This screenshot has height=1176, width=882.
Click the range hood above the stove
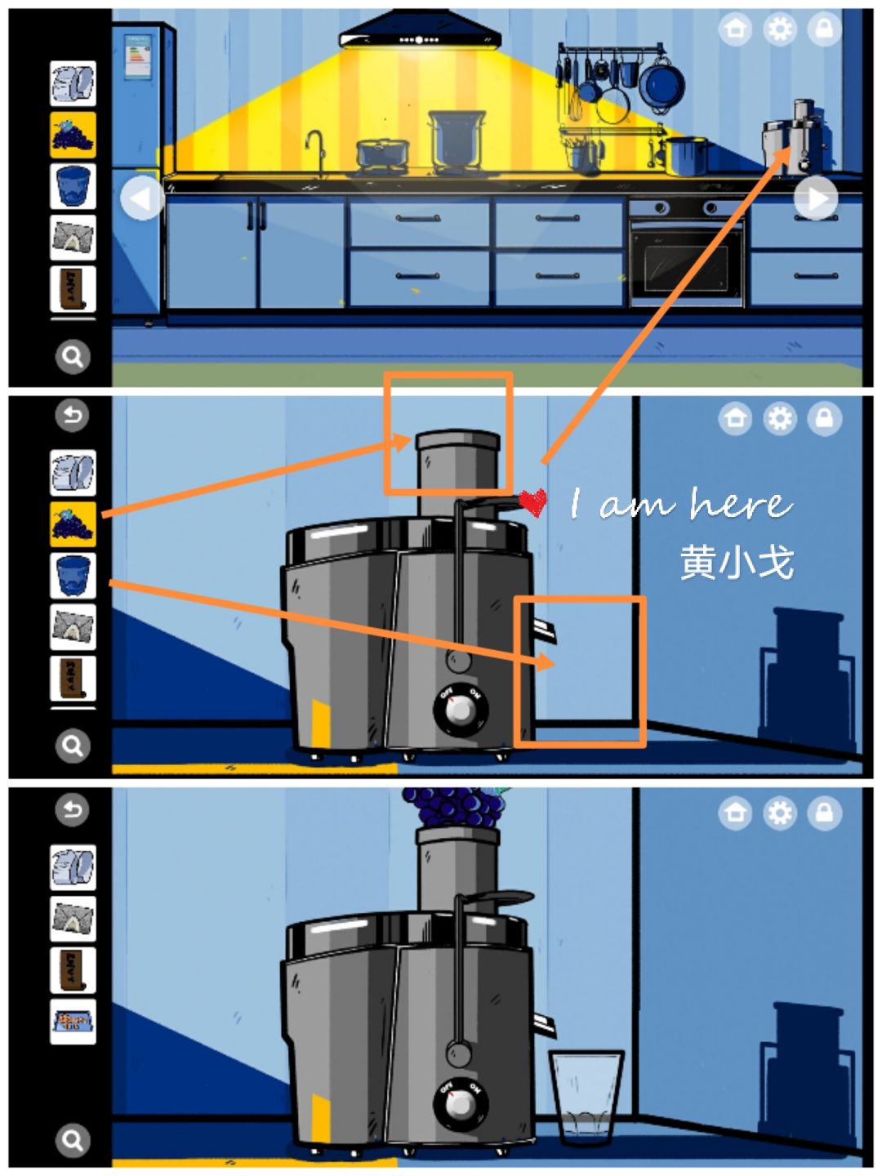pos(419,35)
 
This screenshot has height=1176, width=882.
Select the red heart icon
pos(532,502)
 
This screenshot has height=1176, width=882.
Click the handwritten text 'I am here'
pos(680,504)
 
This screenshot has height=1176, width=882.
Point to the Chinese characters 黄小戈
pos(737,563)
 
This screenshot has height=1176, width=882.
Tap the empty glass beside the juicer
pos(586,1094)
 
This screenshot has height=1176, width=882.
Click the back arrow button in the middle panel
pos(73,416)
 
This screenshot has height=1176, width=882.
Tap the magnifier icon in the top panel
pos(73,357)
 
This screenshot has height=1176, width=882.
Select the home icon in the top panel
pos(735,30)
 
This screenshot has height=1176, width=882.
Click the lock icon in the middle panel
pos(824,418)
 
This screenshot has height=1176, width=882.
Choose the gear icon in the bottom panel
pos(780,813)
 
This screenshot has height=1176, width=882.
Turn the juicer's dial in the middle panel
pos(461,710)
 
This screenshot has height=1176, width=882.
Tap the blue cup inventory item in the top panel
pos(73,186)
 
